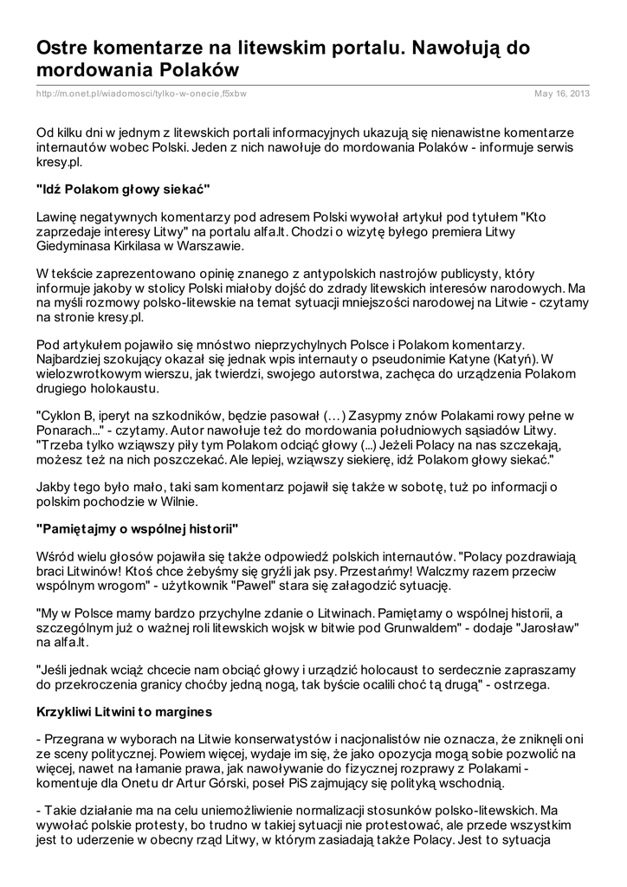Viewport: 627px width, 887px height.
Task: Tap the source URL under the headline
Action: coord(142,94)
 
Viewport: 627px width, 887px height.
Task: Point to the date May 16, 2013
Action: coord(562,94)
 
